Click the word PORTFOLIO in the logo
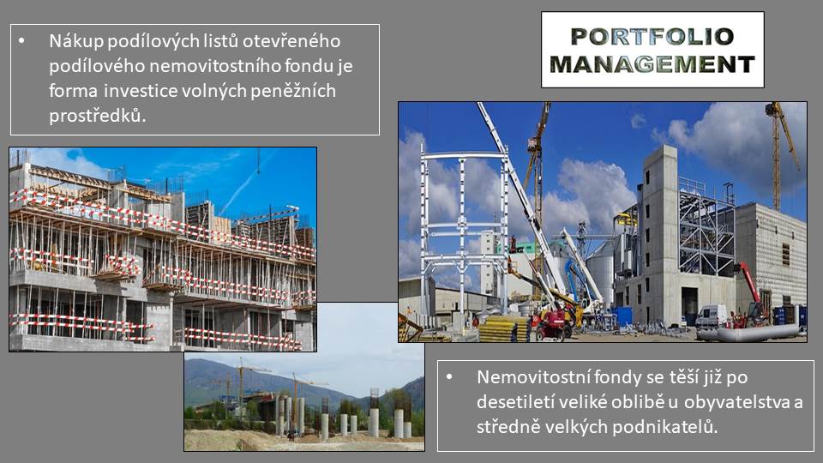click(652, 37)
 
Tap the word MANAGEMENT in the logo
click(652, 64)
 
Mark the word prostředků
click(98, 116)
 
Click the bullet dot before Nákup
click(21, 41)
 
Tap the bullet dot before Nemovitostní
click(449, 377)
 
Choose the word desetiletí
click(515, 402)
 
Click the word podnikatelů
click(664, 427)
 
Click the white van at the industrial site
click(712, 316)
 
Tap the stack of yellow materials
click(502, 329)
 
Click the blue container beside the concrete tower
click(622, 316)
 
